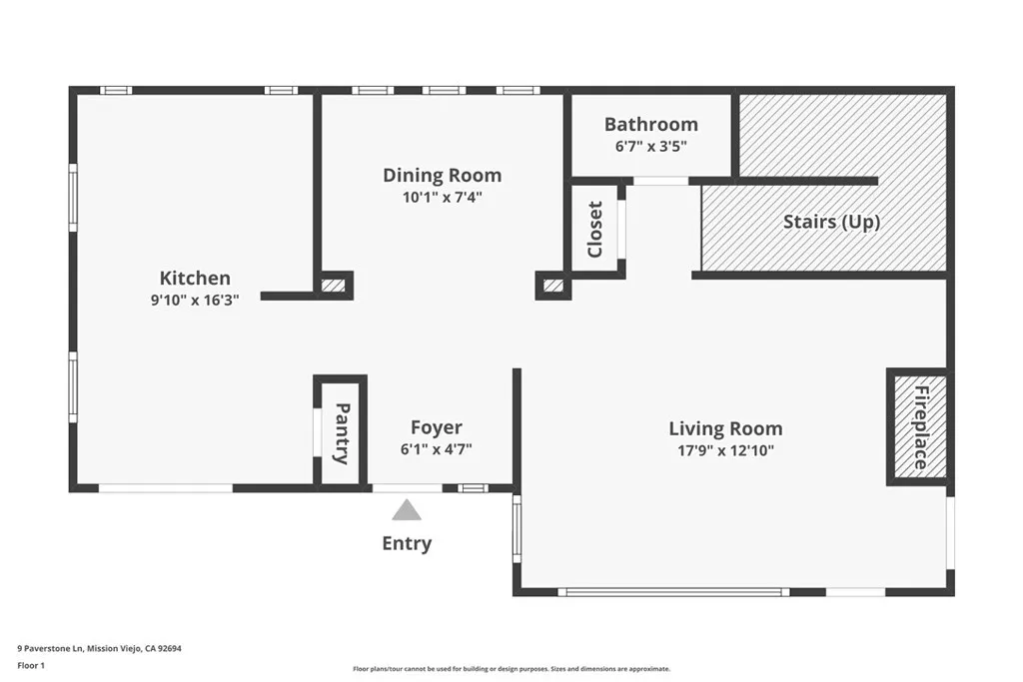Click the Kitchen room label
195,279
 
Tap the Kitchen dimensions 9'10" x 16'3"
195,299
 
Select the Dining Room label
442,176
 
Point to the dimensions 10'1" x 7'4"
442,197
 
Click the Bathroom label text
650,125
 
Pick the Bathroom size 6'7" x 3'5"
650,146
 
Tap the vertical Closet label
595,230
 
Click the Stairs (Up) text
831,222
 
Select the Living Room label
725,429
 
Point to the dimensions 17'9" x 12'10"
725,450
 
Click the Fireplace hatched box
919,427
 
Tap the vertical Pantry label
342,433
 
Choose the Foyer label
437,428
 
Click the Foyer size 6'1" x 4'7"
437,449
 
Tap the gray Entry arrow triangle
406,511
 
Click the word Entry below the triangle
407,544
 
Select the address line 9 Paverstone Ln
99,648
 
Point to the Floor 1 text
32,665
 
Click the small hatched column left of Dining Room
334,286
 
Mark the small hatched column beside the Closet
552,287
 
